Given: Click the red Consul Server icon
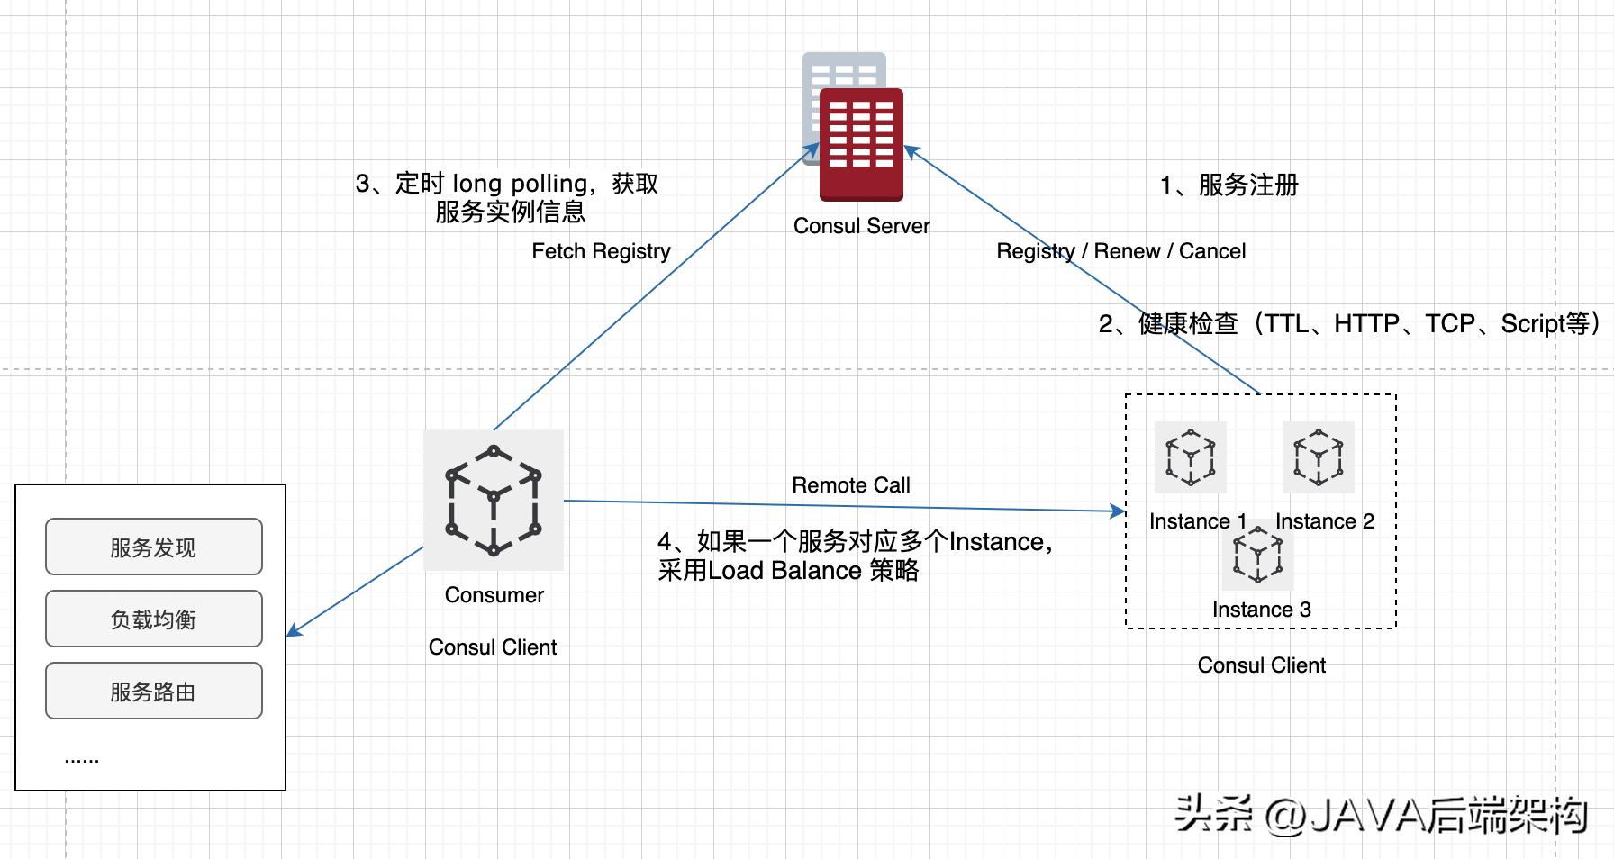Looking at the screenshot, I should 860,143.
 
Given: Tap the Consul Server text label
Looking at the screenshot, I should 861,226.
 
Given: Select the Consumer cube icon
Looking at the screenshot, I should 494,500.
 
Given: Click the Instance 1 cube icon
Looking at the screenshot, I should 1190,457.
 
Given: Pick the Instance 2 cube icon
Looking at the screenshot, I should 1318,457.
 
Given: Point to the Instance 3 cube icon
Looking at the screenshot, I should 1257,556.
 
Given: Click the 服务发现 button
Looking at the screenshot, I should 154,547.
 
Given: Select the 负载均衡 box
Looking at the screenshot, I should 154,619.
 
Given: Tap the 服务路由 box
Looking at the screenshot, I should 154,691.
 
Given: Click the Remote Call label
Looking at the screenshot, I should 850,485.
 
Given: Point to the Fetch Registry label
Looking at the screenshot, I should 601,251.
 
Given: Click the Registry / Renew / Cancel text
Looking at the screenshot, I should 1120,251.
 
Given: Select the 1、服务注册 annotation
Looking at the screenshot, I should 1229,185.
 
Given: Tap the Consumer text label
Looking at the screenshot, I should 494,595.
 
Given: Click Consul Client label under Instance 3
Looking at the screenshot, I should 1261,665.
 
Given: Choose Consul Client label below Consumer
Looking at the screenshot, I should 492,647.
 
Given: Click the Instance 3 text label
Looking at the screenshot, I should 1261,610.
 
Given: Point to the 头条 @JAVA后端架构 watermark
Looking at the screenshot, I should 1380,816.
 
